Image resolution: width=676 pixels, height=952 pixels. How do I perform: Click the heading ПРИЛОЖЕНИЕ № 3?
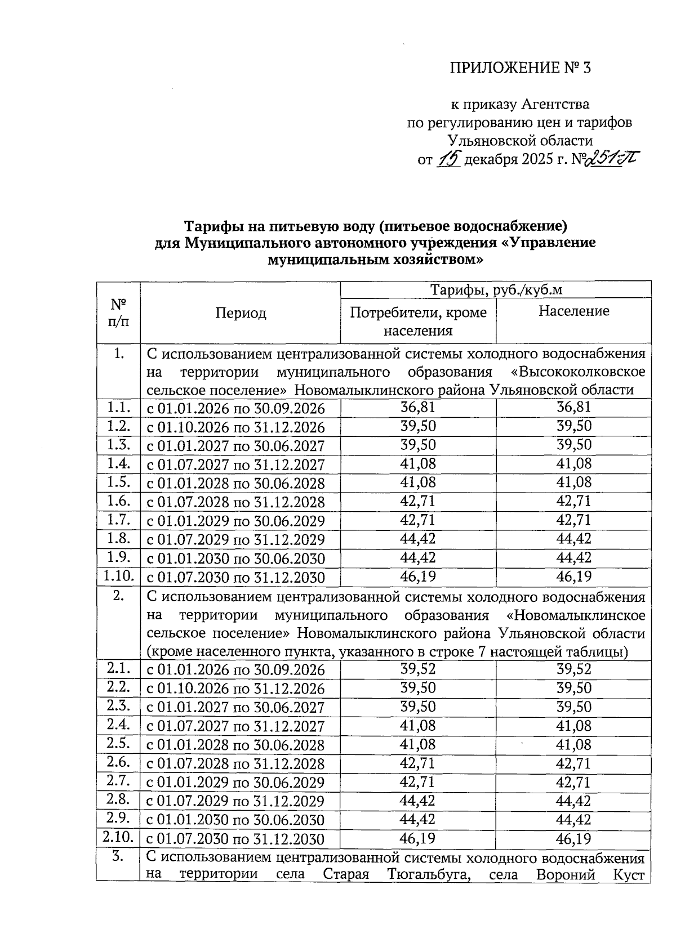pos(521,69)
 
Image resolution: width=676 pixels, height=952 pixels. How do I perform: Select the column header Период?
pos(241,313)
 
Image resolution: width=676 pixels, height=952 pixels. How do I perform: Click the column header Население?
pos(573,311)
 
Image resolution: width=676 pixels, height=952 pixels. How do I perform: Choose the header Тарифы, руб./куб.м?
pos(496,290)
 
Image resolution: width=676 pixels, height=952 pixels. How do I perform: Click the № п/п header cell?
pos(118,313)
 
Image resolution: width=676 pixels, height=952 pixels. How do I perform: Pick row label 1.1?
pos(118,408)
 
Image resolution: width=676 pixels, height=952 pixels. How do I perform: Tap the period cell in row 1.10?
pos(235,578)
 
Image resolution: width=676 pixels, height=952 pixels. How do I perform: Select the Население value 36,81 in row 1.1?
pos(573,407)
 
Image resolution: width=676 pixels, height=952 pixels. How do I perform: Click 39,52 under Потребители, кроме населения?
pos(417,669)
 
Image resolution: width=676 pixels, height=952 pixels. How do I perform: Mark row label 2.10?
pos(118,837)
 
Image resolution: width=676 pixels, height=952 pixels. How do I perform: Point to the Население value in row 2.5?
pos(573,745)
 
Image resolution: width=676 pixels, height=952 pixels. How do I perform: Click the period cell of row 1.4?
pos(235,465)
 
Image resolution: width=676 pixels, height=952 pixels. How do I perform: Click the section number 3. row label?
pos(118,857)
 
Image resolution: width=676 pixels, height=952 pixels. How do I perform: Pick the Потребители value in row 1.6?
pos(417,500)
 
